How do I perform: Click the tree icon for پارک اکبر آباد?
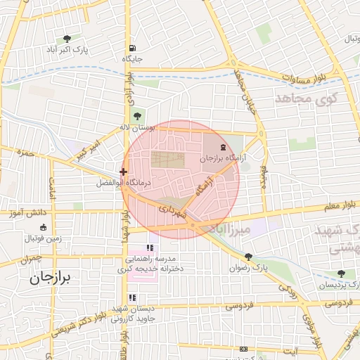(67, 39)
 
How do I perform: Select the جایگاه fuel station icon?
(131, 48)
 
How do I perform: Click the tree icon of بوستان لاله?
(136, 116)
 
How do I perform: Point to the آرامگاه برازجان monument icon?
(224, 147)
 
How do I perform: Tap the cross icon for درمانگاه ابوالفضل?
(123, 171)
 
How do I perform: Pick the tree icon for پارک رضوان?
(248, 257)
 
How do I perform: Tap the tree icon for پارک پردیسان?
(340, 274)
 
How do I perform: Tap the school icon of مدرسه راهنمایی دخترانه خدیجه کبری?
(149, 247)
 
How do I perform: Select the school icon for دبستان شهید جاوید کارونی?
(132, 297)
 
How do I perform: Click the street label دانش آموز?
(28, 212)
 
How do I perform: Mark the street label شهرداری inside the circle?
(172, 210)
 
